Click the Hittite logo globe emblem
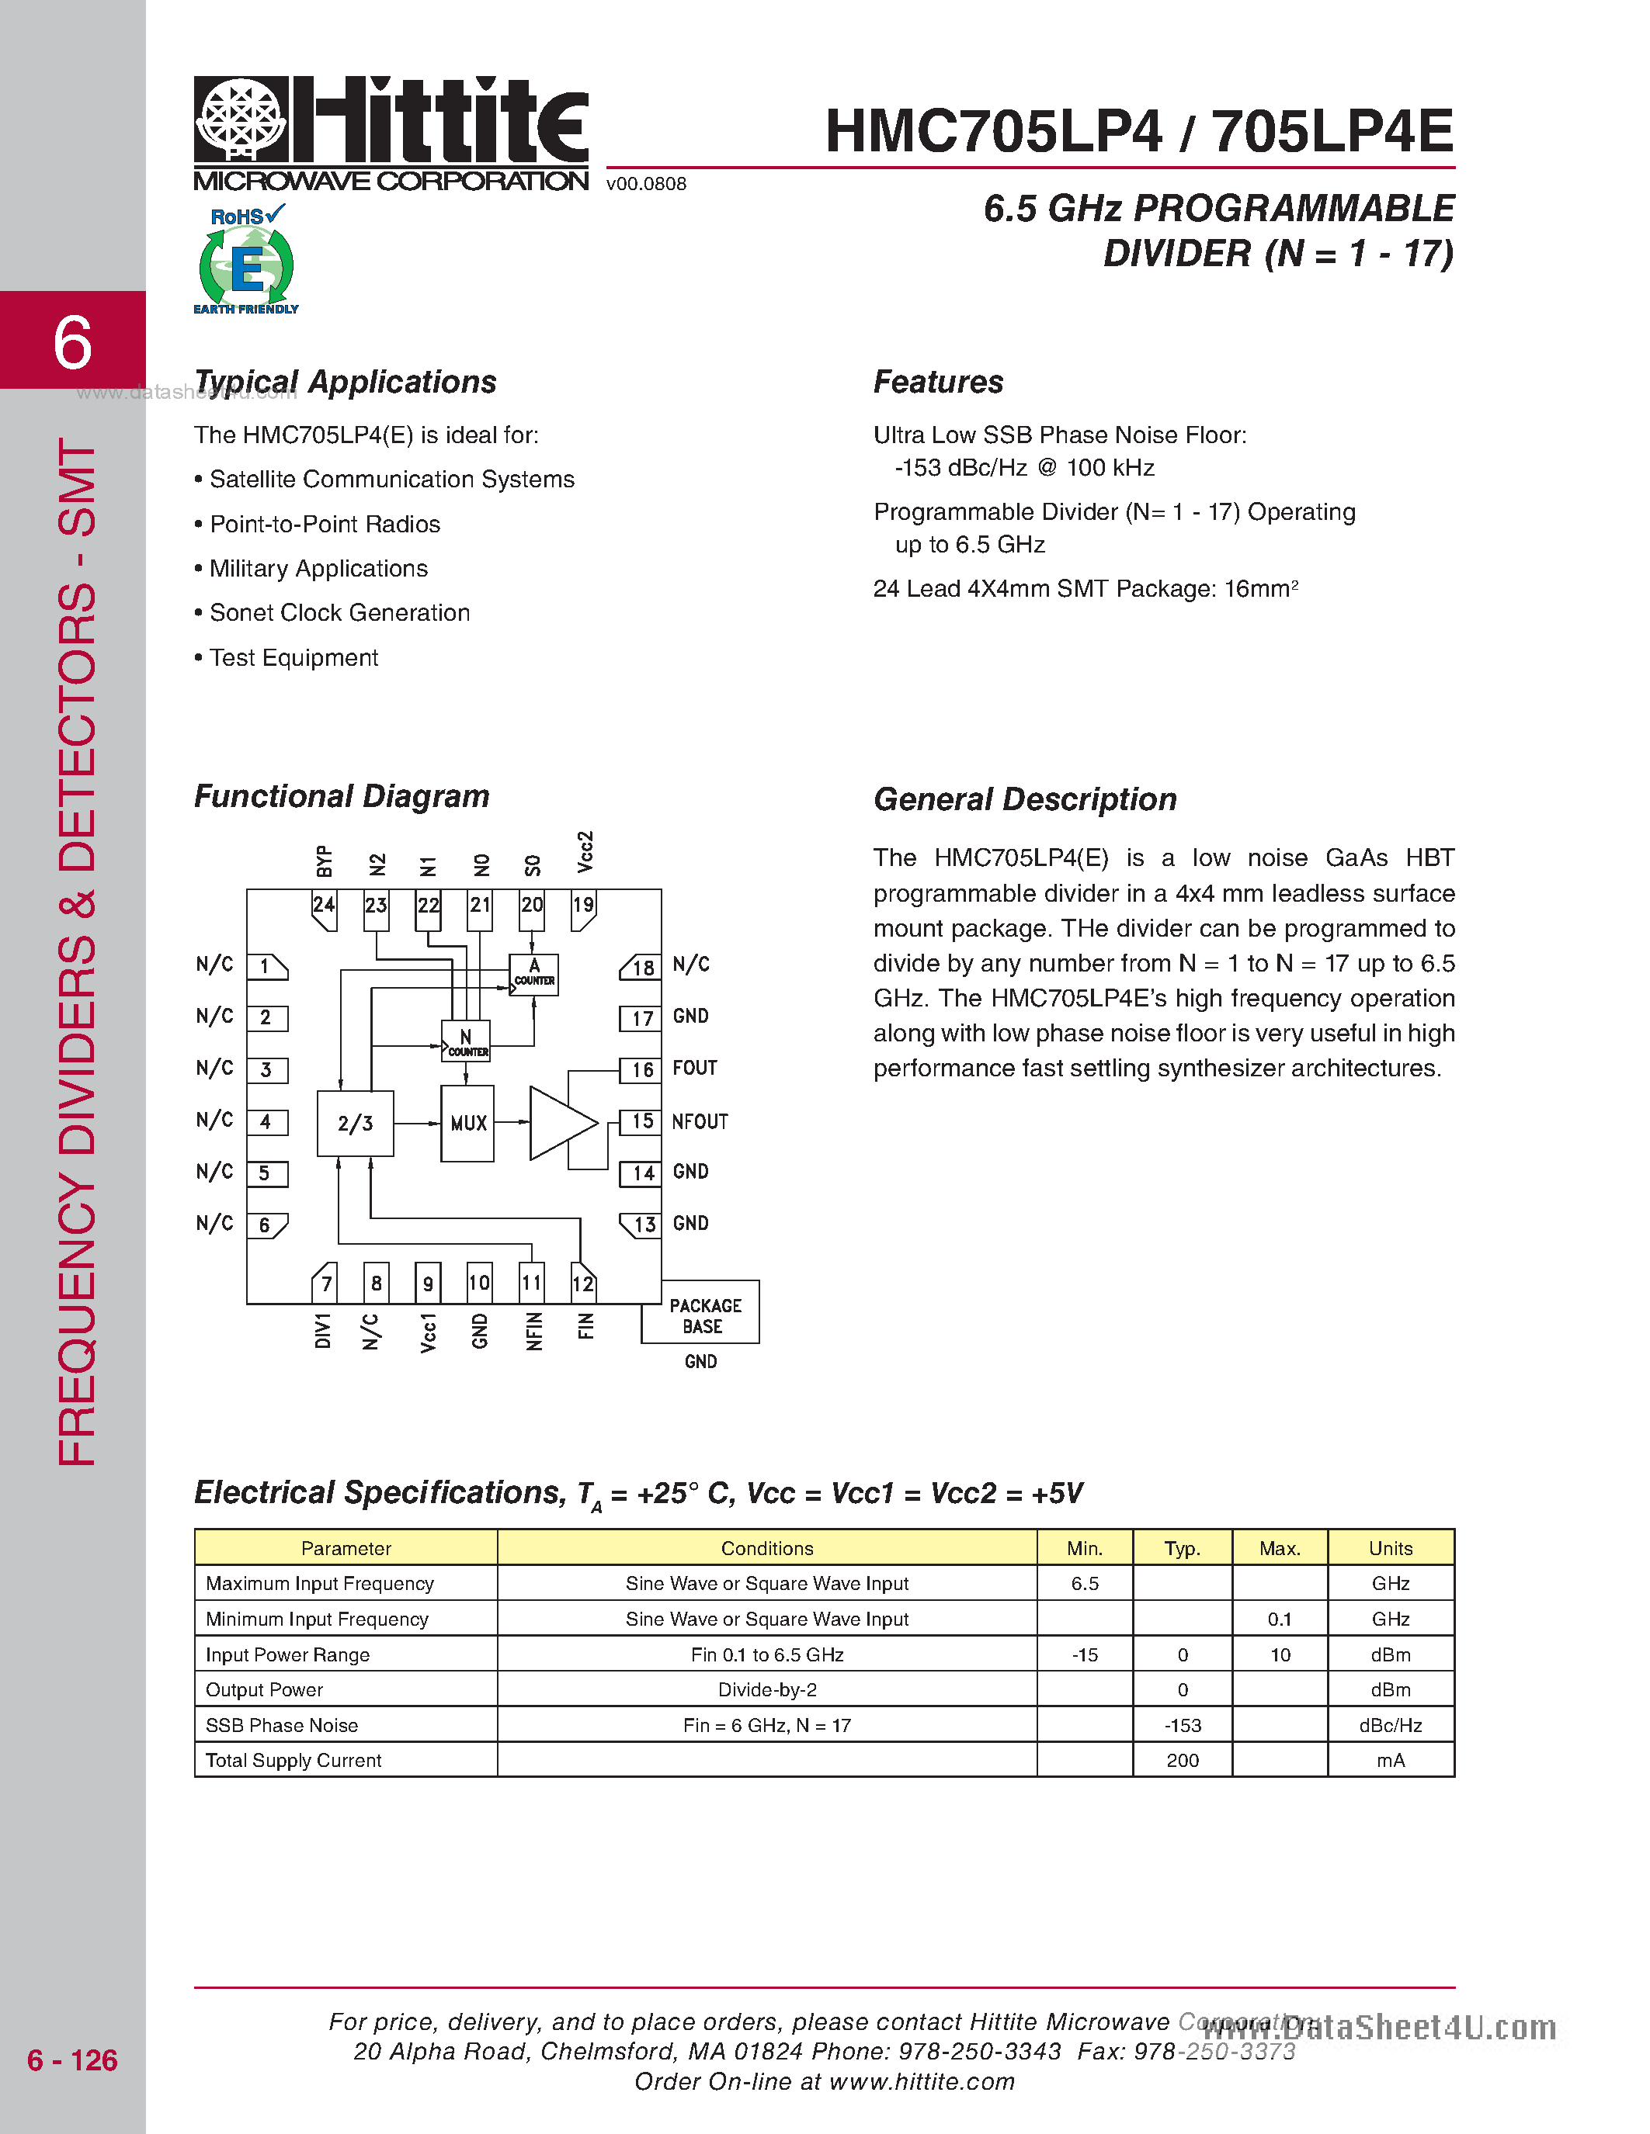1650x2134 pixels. pyautogui.click(x=241, y=120)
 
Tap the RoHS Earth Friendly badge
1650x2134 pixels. pyautogui.click(x=246, y=260)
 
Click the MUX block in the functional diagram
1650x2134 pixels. pyautogui.click(x=467, y=1124)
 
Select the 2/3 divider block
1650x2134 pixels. pyautogui.click(x=355, y=1124)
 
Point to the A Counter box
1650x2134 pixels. pyautogui.click(x=533, y=974)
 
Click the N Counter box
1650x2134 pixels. pyautogui.click(x=466, y=1041)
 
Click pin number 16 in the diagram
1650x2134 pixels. pyautogui.click(x=641, y=1070)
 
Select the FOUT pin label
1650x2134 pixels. pyautogui.click(x=695, y=1068)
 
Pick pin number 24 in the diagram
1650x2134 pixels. pyautogui.click(x=324, y=906)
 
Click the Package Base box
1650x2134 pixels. pyautogui.click(x=703, y=1315)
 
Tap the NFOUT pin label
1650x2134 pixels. pyautogui.click(x=700, y=1122)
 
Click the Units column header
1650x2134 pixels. pyautogui.click(x=1390, y=1548)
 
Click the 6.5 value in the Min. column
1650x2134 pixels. pyautogui.click(x=1084, y=1584)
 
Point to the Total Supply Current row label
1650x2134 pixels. pyautogui.click(x=294, y=1761)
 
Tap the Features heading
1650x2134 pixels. pyautogui.click(x=937, y=382)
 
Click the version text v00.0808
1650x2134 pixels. pyautogui.click(x=646, y=184)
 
